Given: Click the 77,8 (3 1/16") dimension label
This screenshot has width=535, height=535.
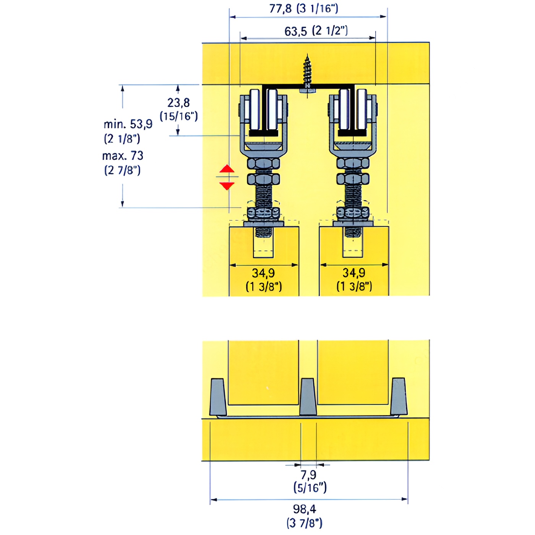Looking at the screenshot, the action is pos(304,9).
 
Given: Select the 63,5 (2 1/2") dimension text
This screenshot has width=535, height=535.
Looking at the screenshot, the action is pos(316,31).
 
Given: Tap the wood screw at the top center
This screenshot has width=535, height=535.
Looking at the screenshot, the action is pos(307,75).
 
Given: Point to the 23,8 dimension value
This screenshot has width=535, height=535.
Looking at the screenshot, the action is pos(178,103).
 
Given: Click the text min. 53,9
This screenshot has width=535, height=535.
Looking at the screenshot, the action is pos(128,124).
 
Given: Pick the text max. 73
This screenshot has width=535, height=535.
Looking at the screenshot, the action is pos(123,156).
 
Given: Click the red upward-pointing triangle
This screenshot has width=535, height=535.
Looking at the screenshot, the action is pos(227,169).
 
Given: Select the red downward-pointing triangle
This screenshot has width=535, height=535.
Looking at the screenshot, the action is pos(227,186).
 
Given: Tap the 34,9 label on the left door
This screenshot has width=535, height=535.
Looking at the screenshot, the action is pos(263,273).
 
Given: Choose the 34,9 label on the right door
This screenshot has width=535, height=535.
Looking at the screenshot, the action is pos(354,272).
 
